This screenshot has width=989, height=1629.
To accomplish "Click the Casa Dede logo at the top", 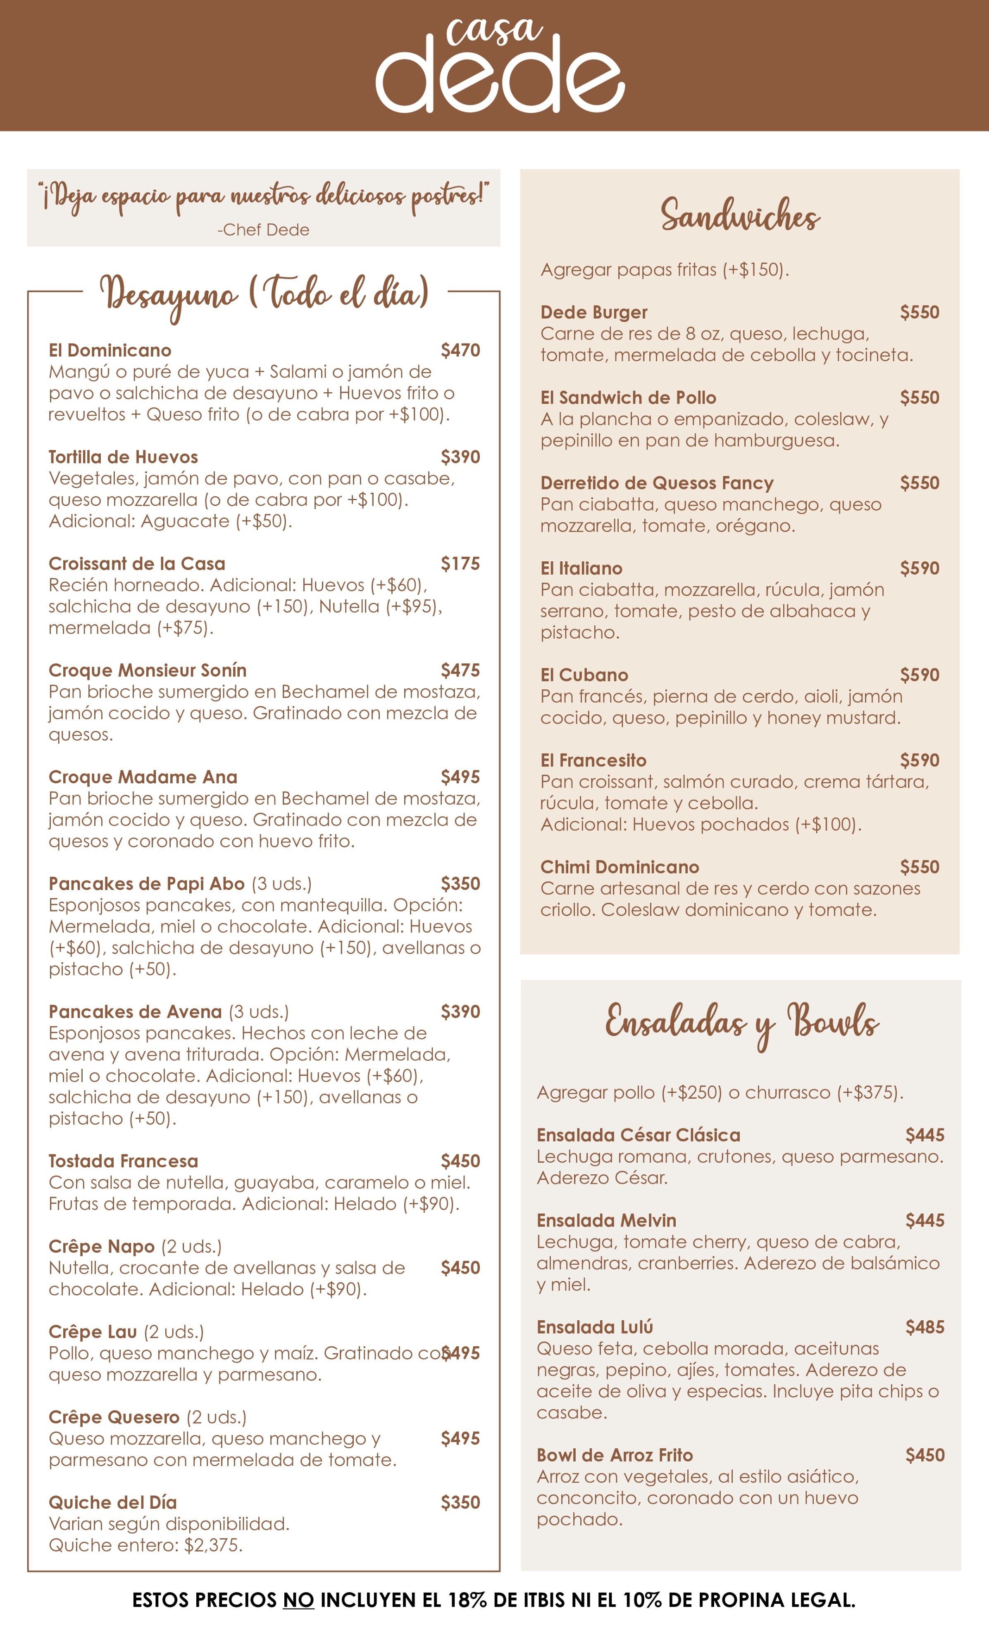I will coord(500,65).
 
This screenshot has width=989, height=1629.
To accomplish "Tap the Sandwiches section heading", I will coord(740,215).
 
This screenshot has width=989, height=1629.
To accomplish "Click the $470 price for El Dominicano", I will coord(460,351).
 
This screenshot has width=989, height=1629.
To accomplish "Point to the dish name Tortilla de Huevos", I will coord(123,457).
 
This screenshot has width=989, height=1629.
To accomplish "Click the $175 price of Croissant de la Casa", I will coord(460,563).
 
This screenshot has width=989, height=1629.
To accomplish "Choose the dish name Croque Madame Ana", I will coord(143,777).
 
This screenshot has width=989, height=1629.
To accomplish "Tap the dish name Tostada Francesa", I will coord(123,1161).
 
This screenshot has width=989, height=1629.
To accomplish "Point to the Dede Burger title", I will coord(593,312).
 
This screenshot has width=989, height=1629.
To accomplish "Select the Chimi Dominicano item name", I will coord(620,867).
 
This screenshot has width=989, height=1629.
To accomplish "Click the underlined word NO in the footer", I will coord(298,1600).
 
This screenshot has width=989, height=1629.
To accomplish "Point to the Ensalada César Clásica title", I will coord(638,1135).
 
